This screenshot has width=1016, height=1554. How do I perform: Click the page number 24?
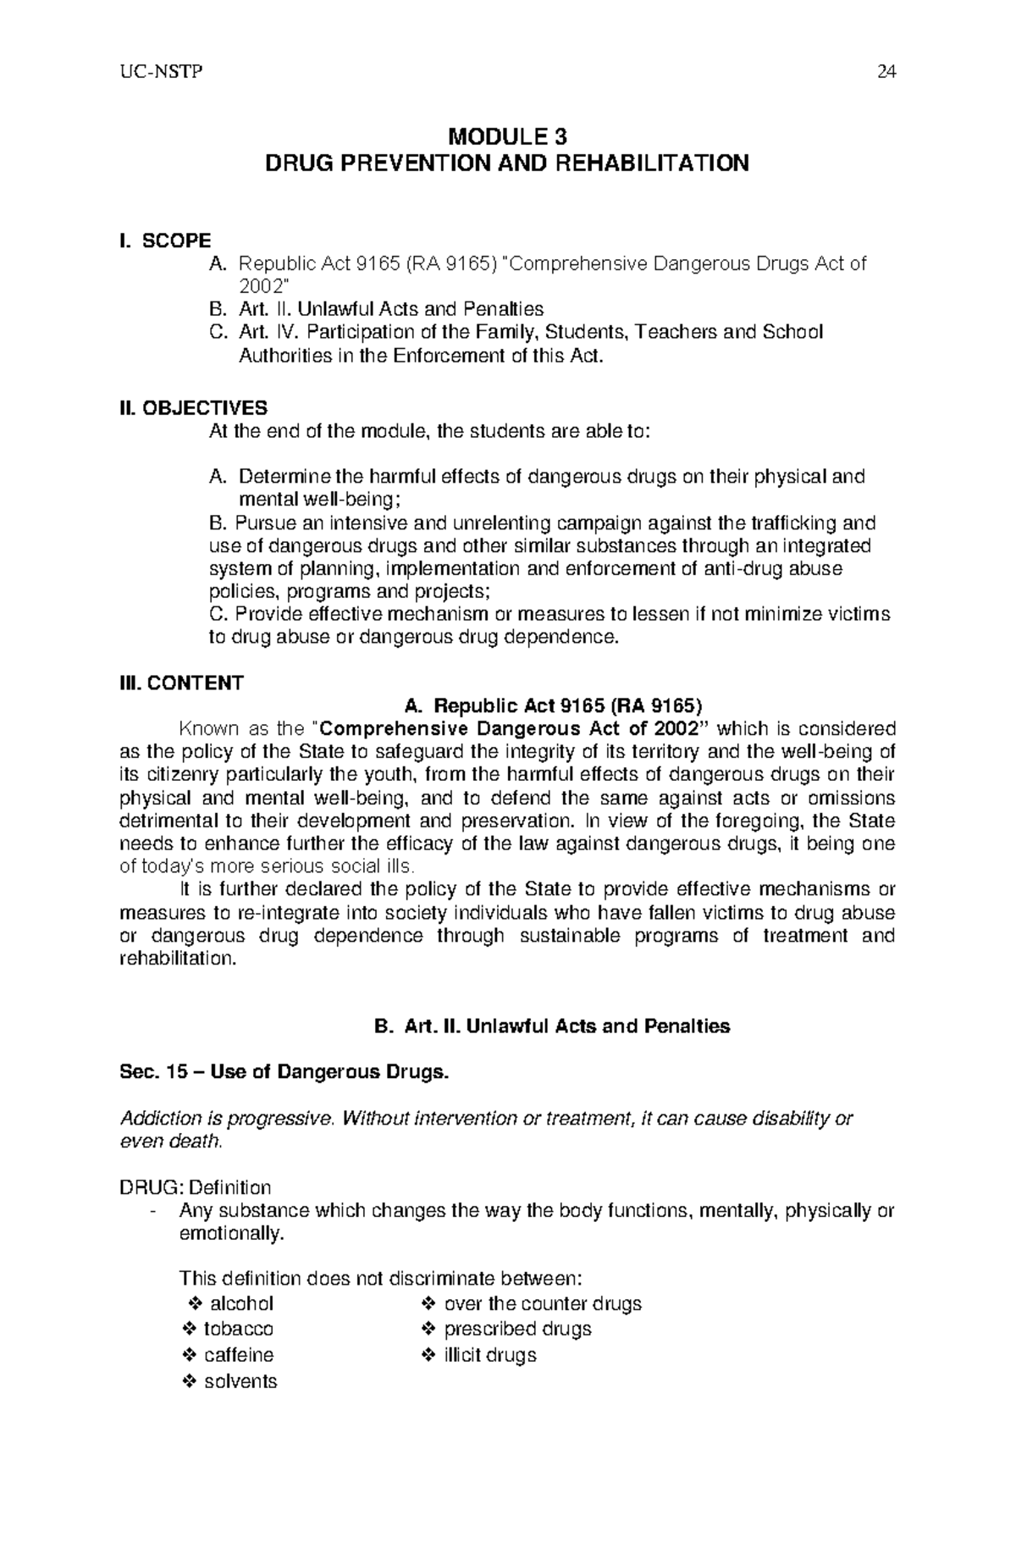pos(886,72)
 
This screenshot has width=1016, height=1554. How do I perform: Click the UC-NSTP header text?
pos(155,72)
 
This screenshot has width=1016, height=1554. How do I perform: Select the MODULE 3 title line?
pos(507,136)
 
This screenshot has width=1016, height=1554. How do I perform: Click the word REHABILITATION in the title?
pos(651,163)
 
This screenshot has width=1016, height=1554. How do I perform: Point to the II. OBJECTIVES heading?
pos(193,408)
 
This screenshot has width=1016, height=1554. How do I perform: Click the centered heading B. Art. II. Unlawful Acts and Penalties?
pos(552,1026)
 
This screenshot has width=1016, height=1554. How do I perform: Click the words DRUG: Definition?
pos(195,1187)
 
